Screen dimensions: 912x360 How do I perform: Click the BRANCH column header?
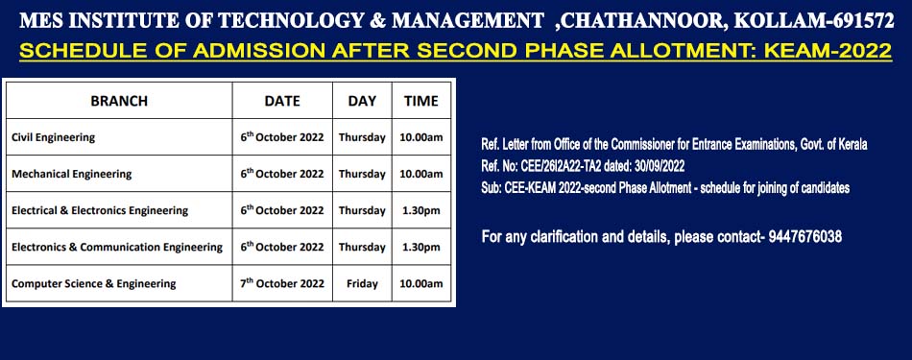pos(119,101)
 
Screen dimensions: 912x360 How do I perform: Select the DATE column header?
pos(282,101)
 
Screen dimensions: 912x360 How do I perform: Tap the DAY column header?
pos(362,101)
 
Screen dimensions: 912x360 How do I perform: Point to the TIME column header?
pos(421,101)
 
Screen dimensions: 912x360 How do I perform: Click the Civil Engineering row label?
pos(53,138)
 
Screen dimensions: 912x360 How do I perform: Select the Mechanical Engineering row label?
pos(72,174)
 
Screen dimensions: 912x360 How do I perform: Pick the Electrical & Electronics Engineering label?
pos(100,210)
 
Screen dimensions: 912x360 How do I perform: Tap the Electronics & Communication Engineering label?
pos(117,247)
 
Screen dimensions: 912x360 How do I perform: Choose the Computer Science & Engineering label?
pos(94,284)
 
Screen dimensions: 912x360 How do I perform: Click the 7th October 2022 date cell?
pos(282,283)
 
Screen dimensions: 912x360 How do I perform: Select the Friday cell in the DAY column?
pos(362,284)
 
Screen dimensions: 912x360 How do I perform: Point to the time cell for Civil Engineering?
pos(421,138)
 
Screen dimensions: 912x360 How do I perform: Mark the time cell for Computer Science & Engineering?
pos(421,284)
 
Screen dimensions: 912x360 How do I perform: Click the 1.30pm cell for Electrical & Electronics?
pos(421,210)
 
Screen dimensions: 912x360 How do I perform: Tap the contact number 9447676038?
pos(805,237)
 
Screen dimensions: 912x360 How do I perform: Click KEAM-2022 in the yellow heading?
pos(828,51)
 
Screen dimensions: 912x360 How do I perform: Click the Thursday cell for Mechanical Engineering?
pos(362,174)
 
